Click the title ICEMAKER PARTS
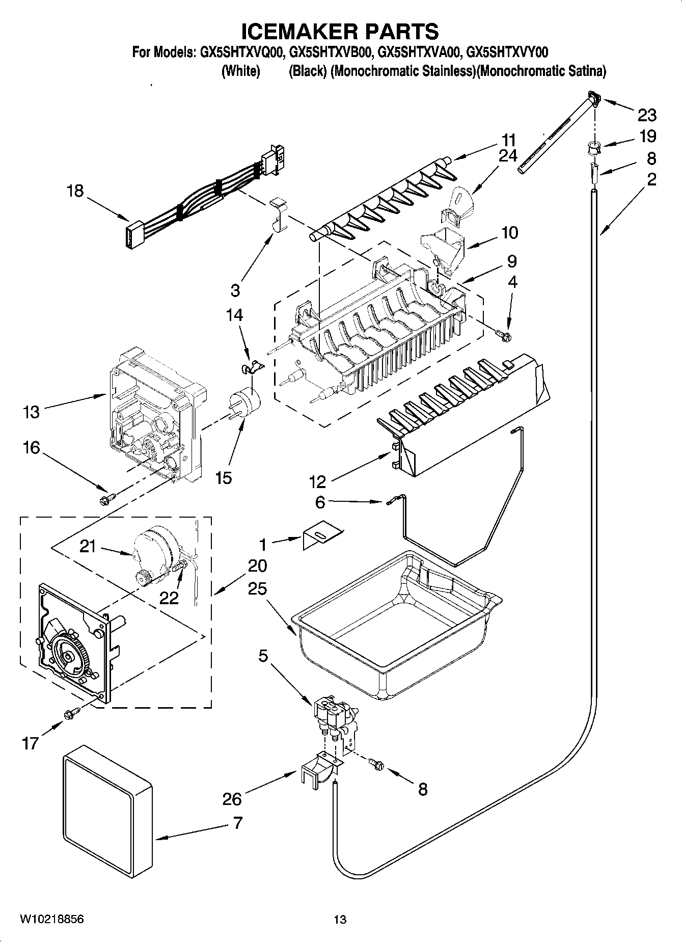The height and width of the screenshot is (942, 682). (340, 32)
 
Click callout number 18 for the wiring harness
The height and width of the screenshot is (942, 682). (75, 191)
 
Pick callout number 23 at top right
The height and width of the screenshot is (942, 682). (647, 115)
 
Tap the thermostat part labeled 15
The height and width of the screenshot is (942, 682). (245, 403)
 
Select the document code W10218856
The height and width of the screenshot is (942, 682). (51, 919)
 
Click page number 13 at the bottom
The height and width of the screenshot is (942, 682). (340, 920)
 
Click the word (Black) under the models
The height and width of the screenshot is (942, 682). (308, 71)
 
